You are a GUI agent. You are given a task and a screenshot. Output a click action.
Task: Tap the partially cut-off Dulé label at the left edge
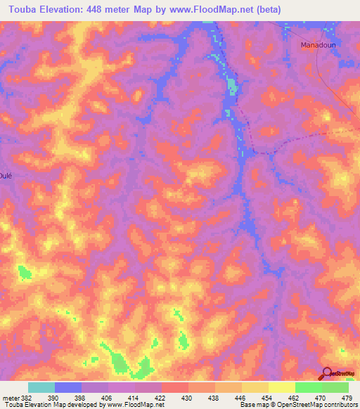6,176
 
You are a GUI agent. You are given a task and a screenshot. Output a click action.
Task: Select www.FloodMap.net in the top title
234,8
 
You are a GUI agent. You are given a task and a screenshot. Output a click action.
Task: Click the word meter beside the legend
10,398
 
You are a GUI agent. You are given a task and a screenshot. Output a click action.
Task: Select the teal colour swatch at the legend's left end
41,387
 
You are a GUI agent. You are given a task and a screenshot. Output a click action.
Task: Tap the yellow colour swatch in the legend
281,387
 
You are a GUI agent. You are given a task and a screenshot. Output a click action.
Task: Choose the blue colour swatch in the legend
68,387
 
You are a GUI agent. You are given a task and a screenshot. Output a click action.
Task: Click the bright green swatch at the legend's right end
335,387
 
